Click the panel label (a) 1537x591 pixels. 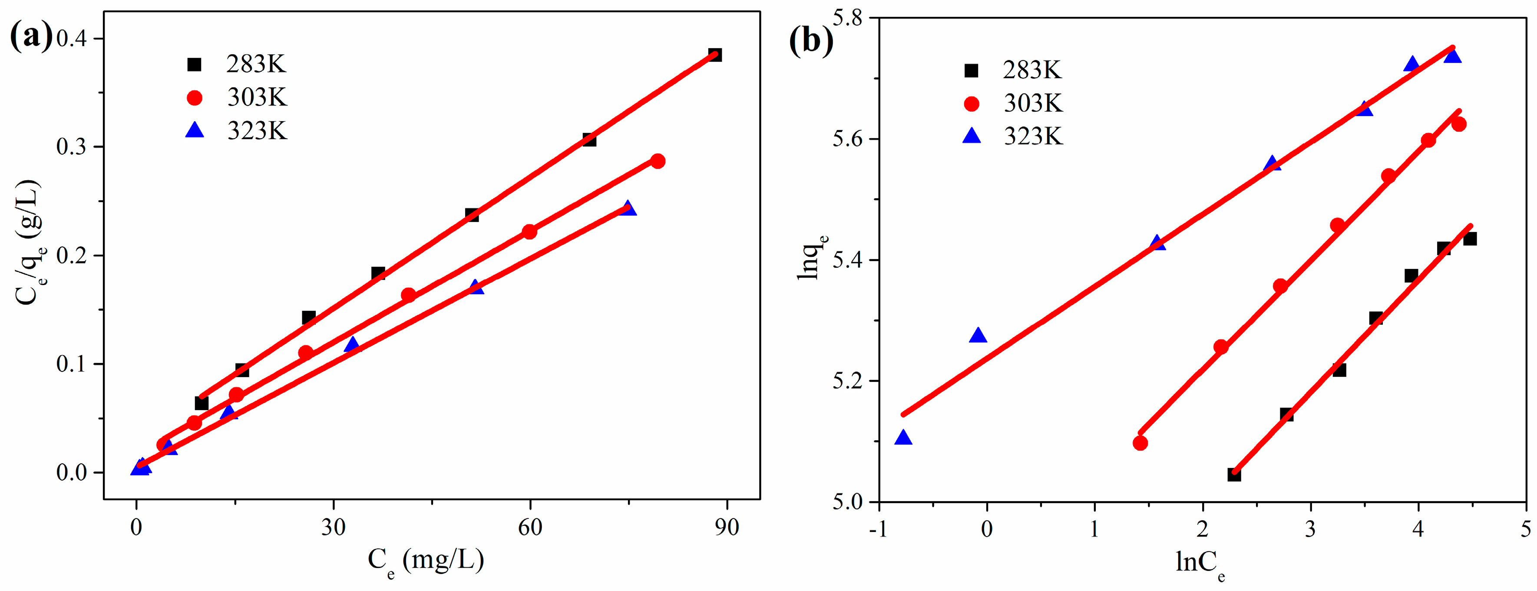pos(31,37)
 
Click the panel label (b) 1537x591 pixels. pos(810,41)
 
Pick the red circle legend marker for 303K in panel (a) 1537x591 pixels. pos(195,98)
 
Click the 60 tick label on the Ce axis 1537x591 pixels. pos(529,527)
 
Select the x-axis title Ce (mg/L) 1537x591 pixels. pos(426,561)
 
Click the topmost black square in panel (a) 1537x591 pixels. pos(715,55)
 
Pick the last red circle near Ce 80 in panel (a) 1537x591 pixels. pos(658,161)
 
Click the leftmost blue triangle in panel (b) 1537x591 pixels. pos(903,438)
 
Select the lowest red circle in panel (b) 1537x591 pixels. pos(1140,443)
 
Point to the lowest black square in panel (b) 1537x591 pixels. pos(1234,475)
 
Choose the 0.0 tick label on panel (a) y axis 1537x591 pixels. pos(72,472)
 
